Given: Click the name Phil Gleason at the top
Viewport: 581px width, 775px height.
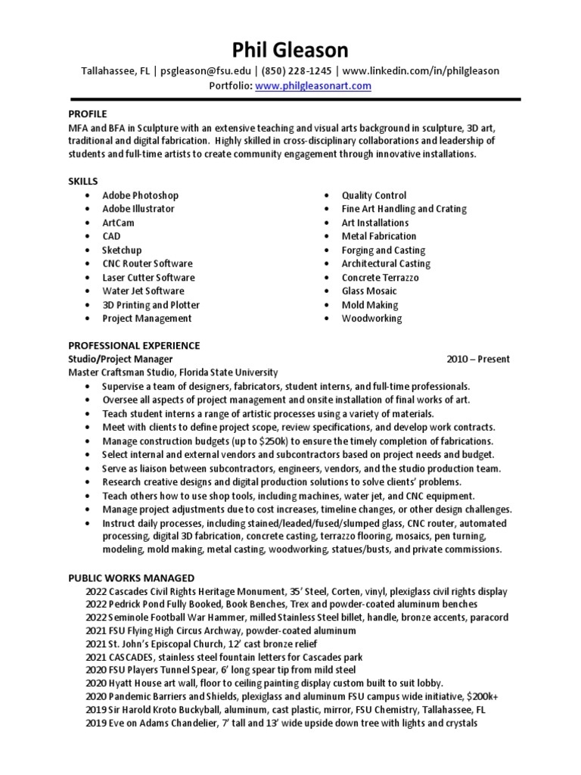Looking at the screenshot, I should click(290, 50).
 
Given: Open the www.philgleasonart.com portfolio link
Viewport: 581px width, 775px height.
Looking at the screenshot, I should click(312, 86).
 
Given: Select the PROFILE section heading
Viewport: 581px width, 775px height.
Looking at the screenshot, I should click(88, 113).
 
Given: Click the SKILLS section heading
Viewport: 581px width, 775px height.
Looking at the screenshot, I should click(83, 181).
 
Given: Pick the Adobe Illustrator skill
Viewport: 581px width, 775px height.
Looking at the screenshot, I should click(138, 209).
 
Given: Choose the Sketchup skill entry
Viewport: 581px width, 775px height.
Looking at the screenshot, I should click(122, 250).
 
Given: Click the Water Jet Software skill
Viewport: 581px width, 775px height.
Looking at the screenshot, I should click(143, 291).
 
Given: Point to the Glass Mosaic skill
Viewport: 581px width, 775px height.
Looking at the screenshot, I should click(369, 291).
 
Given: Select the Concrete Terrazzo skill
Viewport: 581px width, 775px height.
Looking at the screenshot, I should click(380, 277).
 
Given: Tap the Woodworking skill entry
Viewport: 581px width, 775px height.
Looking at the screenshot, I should click(371, 319).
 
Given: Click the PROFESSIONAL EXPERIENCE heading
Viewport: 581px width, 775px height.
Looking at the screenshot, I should click(134, 345).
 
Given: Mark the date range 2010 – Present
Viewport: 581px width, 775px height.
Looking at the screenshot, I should click(478, 359).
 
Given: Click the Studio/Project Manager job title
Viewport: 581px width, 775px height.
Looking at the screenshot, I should click(120, 359).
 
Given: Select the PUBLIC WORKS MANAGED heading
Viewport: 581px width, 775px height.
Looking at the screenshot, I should click(131, 577).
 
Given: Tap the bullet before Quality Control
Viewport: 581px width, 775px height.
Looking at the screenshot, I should click(325, 195).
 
